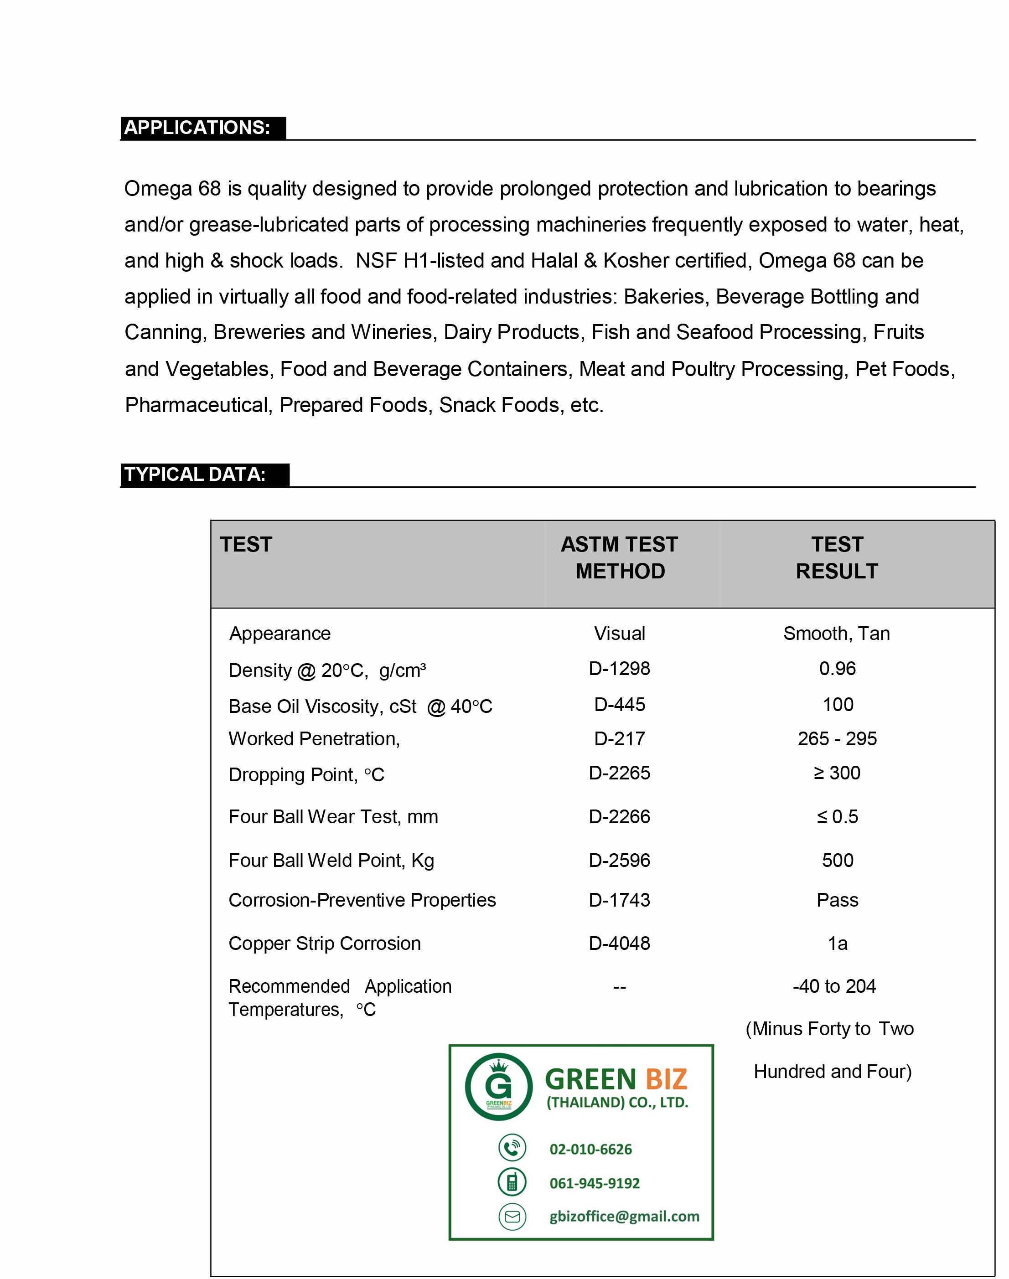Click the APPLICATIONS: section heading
(197, 128)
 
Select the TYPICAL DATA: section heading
(195, 474)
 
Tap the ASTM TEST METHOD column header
(620, 557)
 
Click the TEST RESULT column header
(837, 557)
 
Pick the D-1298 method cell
(619, 668)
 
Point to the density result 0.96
(837, 668)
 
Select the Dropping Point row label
(306, 774)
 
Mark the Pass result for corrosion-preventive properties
(837, 899)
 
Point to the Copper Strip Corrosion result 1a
(837, 943)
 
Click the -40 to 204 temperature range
(833, 985)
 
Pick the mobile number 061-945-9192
(594, 1183)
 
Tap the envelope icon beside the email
(512, 1217)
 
